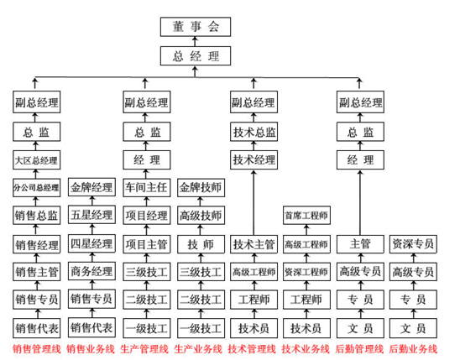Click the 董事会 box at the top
point(196,27)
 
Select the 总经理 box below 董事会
point(196,55)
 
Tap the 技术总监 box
point(254,132)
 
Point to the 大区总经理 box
point(36,160)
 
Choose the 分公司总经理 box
point(36,188)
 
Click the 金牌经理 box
point(91,187)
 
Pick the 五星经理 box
point(91,215)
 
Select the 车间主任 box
point(146,187)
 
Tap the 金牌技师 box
point(201,187)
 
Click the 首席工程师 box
point(306,216)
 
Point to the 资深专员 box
point(413,244)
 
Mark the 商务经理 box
point(91,271)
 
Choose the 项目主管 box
point(146,244)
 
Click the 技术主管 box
point(254,244)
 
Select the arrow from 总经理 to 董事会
point(195,41)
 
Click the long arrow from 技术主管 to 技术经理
point(254,202)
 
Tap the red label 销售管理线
point(37,349)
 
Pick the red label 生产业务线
point(198,349)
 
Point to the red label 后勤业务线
point(413,349)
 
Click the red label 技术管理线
point(252,349)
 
